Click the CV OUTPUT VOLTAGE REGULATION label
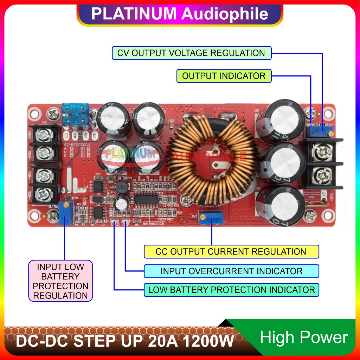pyautogui.click(x=192, y=53)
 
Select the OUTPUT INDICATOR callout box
pyautogui.click(x=224, y=76)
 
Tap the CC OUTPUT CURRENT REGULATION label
pyautogui.click(x=231, y=252)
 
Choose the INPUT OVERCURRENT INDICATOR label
pyautogui.click(x=231, y=271)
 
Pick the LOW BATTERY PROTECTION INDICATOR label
pyautogui.click(x=231, y=290)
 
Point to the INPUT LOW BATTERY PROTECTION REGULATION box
pyautogui.click(x=60, y=281)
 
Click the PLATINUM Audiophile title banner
pyautogui.click(x=180, y=14)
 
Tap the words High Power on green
pyautogui.click(x=304, y=338)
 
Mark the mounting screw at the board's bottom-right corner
pyautogui.click(x=311, y=215)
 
